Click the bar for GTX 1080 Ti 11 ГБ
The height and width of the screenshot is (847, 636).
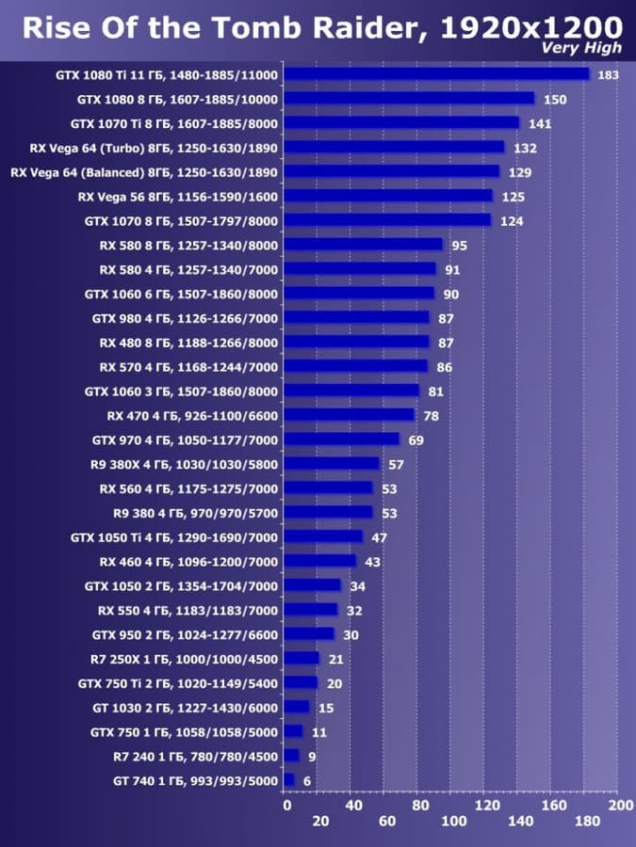pyautogui.click(x=436, y=73)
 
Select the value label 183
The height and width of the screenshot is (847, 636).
pyautogui.click(x=608, y=74)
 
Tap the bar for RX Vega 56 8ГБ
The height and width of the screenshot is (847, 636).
pyautogui.click(x=388, y=196)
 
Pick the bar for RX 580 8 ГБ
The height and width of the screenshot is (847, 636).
pyautogui.click(x=363, y=245)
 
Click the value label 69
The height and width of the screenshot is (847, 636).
pyautogui.click(x=416, y=439)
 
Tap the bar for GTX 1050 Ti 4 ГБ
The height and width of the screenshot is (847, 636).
pyautogui.click(x=323, y=536)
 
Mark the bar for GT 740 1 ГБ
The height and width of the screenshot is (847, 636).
pyautogui.click(x=289, y=780)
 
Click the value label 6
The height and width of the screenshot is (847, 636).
pyautogui.click(x=306, y=780)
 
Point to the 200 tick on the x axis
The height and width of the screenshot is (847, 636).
pyautogui.click(x=621, y=806)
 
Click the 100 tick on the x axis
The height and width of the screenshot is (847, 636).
pyautogui.click(x=453, y=822)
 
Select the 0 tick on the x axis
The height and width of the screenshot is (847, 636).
pyautogui.click(x=286, y=806)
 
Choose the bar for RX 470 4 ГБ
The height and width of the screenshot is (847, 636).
pyautogui.click(x=349, y=415)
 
